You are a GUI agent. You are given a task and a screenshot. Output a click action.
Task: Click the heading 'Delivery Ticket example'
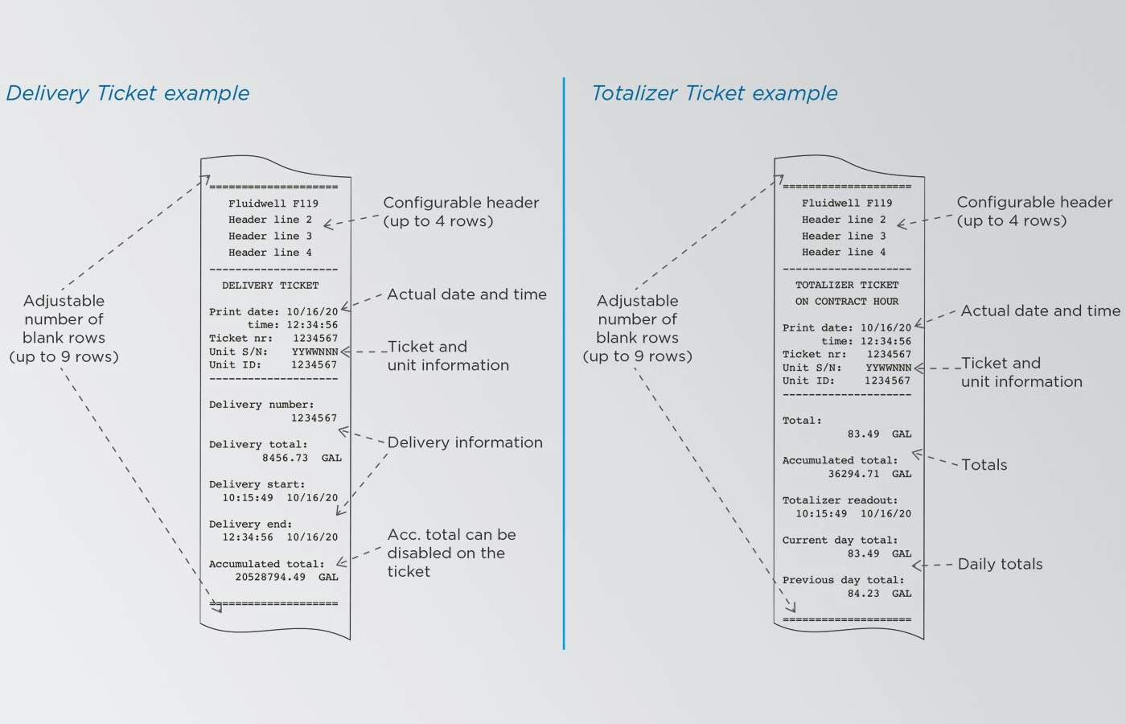(x=128, y=93)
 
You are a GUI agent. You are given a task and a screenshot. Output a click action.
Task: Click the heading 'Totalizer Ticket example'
(x=714, y=93)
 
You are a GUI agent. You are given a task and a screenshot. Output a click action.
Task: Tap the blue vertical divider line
(x=564, y=363)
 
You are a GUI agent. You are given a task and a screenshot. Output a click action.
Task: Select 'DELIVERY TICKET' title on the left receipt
(x=270, y=286)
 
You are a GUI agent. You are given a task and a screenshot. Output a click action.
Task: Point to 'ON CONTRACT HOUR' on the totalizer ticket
(x=846, y=302)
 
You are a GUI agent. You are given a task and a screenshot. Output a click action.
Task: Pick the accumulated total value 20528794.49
(x=270, y=578)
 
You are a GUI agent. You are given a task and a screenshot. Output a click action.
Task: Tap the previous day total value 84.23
(x=863, y=594)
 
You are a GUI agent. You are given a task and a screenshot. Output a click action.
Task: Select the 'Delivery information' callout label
(x=465, y=442)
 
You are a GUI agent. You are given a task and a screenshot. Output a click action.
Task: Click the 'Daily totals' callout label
(x=1000, y=564)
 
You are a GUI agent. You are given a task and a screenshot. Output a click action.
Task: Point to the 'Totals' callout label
(x=984, y=465)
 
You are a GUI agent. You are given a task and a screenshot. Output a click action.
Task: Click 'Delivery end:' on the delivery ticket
(x=250, y=524)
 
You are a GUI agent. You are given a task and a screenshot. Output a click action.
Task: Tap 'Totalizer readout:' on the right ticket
(x=840, y=500)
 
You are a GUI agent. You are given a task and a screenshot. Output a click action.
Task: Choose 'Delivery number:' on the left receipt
(x=261, y=405)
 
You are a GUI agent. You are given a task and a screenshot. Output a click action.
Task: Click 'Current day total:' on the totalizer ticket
(x=840, y=541)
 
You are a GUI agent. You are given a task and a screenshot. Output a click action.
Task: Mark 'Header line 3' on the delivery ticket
(x=270, y=237)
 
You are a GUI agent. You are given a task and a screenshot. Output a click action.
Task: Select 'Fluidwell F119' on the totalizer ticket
(x=847, y=203)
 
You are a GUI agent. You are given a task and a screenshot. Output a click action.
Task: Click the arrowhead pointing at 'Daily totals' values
(x=918, y=565)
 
